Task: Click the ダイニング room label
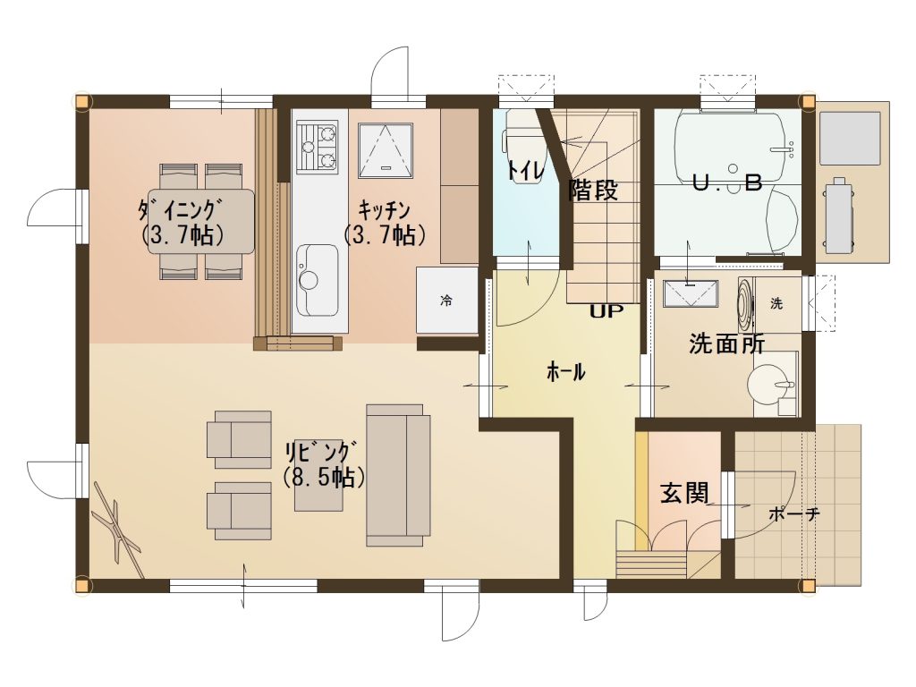(x=181, y=208)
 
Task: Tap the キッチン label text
(x=384, y=208)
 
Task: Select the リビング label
(x=319, y=453)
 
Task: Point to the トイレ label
(x=526, y=170)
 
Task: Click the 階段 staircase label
(x=593, y=190)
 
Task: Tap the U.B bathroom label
(x=726, y=183)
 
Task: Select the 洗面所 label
(x=726, y=343)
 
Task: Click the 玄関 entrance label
(x=684, y=493)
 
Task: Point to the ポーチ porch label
(x=794, y=514)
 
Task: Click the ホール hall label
(x=565, y=371)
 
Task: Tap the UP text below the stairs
(x=606, y=311)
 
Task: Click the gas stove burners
(x=318, y=147)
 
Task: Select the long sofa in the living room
(x=398, y=475)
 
